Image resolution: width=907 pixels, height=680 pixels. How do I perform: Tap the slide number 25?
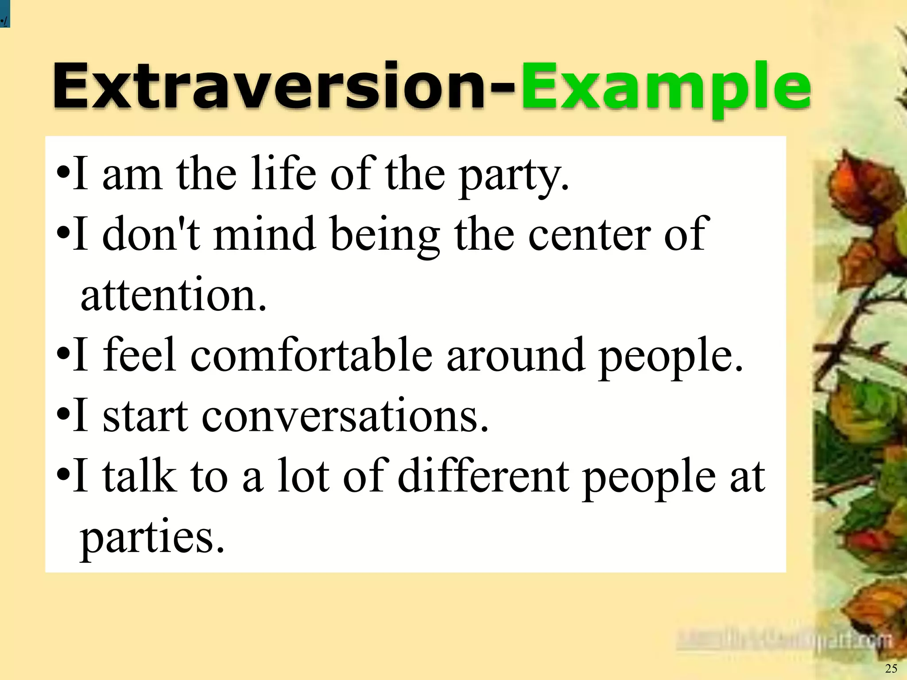pyautogui.click(x=891, y=668)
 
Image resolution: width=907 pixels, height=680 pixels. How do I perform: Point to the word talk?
pyautogui.click(x=140, y=476)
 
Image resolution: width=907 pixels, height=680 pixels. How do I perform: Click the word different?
pyautogui.click(x=483, y=476)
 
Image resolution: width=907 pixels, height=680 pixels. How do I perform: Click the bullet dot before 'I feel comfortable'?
pyautogui.click(x=63, y=354)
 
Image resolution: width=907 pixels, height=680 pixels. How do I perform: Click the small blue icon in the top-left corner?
pyautogui.click(x=4, y=13)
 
